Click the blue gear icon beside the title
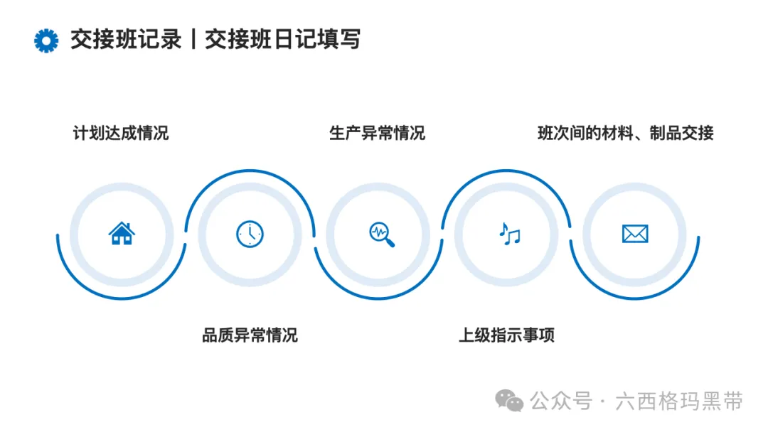point(46,40)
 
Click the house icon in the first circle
point(122,233)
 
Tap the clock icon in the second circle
point(250,234)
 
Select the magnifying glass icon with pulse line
point(381,233)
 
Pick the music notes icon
point(509,233)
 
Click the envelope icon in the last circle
point(635,233)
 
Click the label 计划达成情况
point(121,133)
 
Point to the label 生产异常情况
point(377,133)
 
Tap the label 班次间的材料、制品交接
point(625,133)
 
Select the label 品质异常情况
point(250,335)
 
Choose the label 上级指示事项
point(506,335)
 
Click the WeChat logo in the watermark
point(510,401)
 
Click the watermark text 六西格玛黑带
point(681,401)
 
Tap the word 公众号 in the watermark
point(561,401)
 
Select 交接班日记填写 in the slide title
point(282,40)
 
